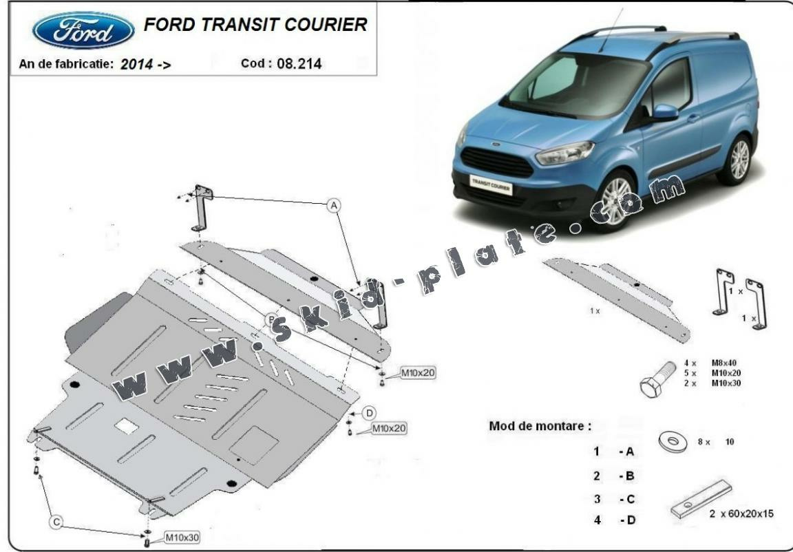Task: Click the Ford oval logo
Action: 83,32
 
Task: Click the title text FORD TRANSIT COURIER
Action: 255,25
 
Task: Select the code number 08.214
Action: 299,64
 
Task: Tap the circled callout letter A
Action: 334,205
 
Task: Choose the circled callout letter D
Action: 369,412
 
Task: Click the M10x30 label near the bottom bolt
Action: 182,536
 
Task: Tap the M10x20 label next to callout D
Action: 389,428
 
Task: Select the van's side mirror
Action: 664,112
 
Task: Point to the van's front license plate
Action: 490,184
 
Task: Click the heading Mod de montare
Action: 540,425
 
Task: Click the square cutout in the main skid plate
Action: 126,427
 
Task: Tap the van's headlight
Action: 564,152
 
